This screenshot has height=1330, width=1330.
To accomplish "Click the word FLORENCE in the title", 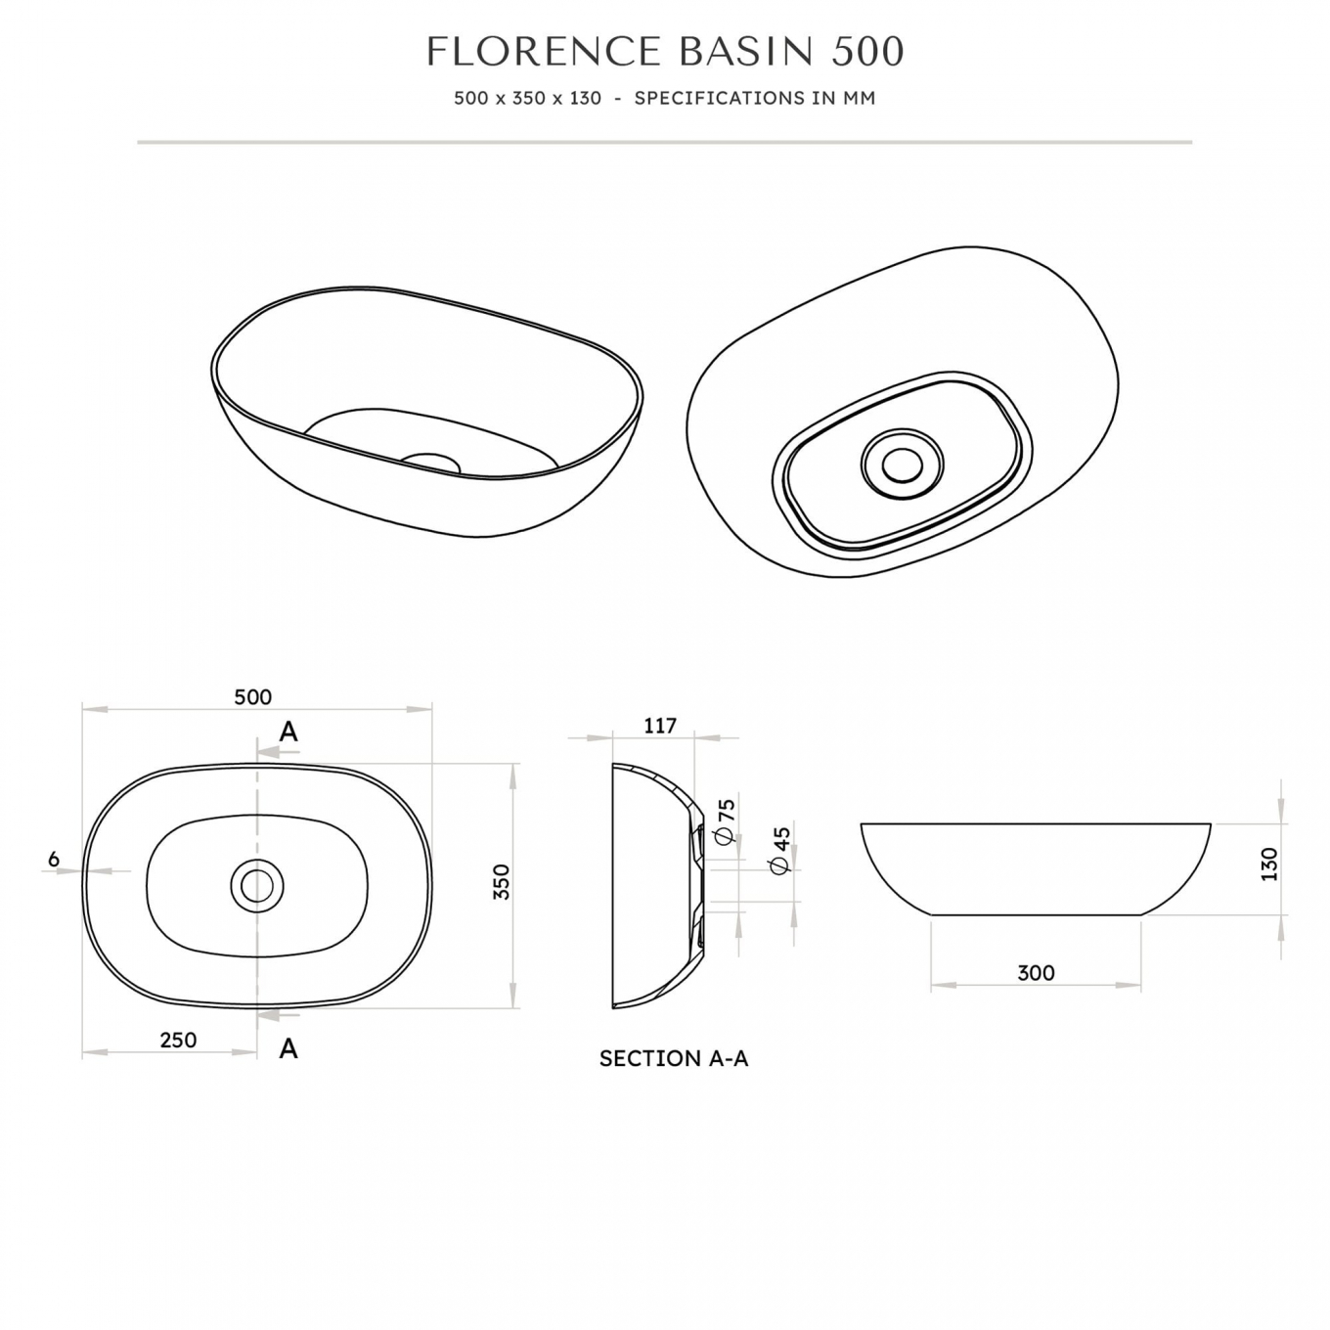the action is click(x=544, y=51).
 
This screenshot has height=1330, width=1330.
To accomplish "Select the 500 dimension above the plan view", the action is click(x=252, y=697).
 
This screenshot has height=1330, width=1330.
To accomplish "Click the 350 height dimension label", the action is click(x=502, y=881).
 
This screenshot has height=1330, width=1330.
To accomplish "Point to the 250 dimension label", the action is click(x=178, y=1040).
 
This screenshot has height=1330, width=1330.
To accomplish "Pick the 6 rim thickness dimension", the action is click(x=54, y=859).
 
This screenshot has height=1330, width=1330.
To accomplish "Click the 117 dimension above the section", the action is click(x=660, y=726).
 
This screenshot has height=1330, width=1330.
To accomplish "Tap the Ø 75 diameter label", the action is click(x=726, y=821).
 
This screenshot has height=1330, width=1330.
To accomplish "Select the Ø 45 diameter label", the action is click(x=780, y=850).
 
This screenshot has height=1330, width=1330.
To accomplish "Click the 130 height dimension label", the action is click(x=1268, y=864).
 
